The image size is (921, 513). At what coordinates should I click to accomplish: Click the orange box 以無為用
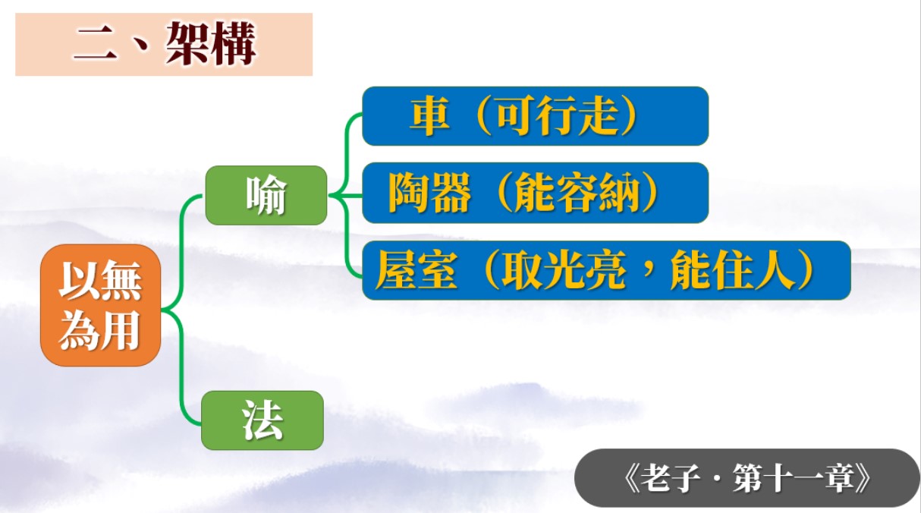click(x=100, y=305)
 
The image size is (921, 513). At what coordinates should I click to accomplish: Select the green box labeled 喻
click(x=266, y=195)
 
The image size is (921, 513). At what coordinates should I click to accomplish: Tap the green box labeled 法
click(x=262, y=420)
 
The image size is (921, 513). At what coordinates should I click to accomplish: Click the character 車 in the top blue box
click(x=429, y=115)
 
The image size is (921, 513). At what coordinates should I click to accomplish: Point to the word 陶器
click(x=429, y=193)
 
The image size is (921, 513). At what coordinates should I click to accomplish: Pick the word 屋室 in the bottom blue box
click(x=416, y=271)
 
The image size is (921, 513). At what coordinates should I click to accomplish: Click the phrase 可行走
click(x=557, y=115)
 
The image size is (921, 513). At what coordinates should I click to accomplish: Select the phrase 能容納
click(x=577, y=193)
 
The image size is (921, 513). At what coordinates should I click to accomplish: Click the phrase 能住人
click(x=732, y=271)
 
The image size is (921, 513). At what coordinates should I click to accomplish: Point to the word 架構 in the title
click(x=211, y=43)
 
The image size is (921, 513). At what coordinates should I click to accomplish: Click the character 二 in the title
click(x=95, y=46)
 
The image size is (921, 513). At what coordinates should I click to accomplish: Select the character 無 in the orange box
click(x=121, y=280)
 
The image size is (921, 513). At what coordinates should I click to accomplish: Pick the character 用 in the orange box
click(x=121, y=331)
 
